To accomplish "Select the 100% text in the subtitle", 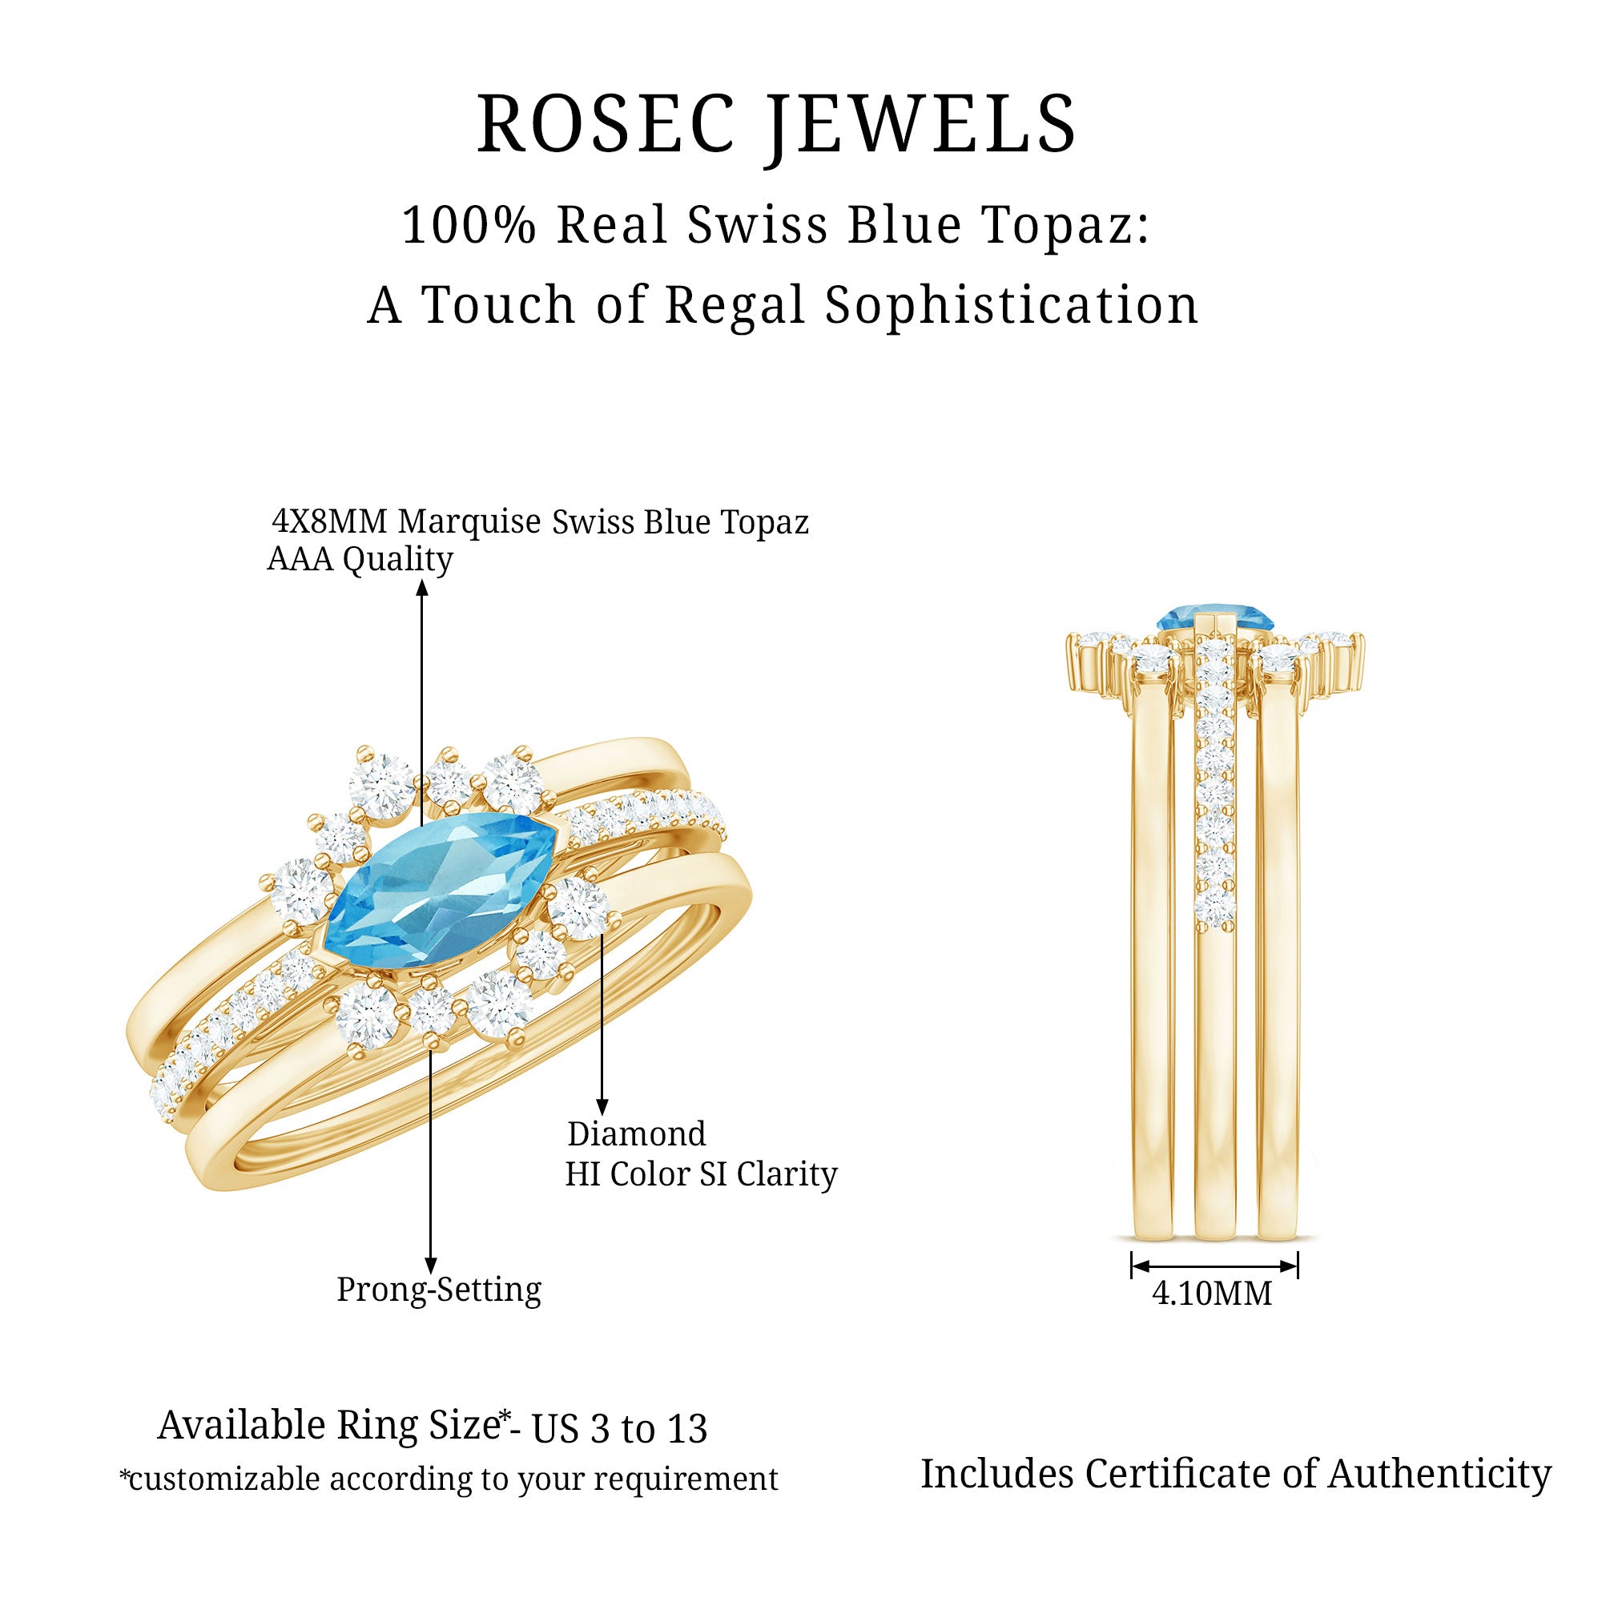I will pyautogui.click(x=469, y=225).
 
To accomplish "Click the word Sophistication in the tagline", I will pyautogui.click(x=1012, y=304).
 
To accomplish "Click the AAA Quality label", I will pyautogui.click(x=359, y=559).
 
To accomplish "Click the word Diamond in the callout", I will pyautogui.click(x=636, y=1133).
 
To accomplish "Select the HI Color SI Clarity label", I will pyautogui.click(x=701, y=1173).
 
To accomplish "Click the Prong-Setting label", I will pyautogui.click(x=439, y=1290).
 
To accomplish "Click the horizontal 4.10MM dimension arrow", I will pyautogui.click(x=1214, y=1266).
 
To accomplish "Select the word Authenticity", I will pyautogui.click(x=1439, y=1475).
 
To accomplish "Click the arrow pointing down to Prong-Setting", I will pyautogui.click(x=430, y=1161).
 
